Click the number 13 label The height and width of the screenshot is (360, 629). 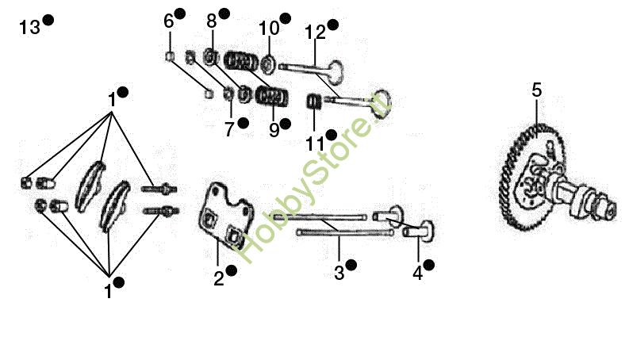(29, 28)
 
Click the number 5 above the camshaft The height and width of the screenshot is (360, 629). (537, 90)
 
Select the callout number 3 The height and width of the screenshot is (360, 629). (339, 273)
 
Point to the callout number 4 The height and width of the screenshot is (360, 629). (417, 273)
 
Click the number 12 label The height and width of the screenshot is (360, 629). (315, 33)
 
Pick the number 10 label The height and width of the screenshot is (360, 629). (269, 28)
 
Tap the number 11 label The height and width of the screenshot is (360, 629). (315, 143)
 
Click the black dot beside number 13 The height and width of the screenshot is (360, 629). (48, 21)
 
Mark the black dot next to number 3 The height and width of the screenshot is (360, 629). (351, 265)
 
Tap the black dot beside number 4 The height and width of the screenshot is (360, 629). (428, 264)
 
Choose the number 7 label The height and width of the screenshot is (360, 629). (229, 129)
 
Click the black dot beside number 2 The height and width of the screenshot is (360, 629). (231, 270)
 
